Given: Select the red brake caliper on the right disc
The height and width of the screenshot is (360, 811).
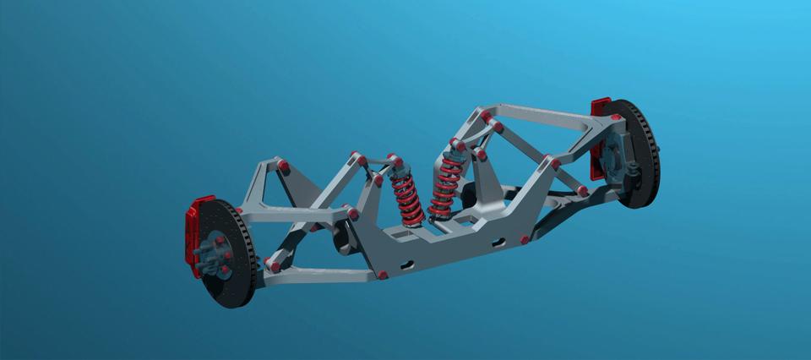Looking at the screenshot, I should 600,135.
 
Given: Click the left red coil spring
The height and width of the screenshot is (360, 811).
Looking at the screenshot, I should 407,199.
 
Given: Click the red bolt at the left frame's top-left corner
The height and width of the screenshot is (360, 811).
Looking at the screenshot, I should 284,165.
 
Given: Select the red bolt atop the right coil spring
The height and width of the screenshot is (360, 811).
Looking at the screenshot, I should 459,145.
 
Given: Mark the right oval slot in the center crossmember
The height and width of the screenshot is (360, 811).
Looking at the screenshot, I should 498,243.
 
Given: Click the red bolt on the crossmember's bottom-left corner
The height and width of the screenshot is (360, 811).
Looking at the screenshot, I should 383,275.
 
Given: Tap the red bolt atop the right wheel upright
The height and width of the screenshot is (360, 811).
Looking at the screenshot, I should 616,118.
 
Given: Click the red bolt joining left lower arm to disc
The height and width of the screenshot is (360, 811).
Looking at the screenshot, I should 274,266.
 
